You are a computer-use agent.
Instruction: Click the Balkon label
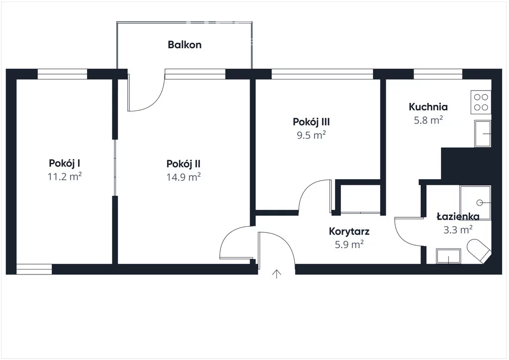(184, 44)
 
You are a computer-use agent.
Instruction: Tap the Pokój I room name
(64, 163)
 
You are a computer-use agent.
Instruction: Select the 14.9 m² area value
(183, 177)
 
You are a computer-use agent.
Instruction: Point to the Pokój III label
(311, 122)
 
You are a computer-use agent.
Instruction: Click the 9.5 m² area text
(311, 135)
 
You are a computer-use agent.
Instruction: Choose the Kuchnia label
(428, 106)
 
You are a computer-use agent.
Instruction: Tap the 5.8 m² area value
(428, 120)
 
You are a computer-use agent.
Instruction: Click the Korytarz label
(349, 231)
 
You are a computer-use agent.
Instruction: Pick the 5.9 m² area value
(349, 244)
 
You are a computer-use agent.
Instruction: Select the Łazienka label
(458, 216)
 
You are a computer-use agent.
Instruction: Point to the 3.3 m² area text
(458, 230)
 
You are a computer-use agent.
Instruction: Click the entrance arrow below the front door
(276, 274)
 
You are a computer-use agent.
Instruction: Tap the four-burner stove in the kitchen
(481, 102)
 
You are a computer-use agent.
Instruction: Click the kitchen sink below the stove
(482, 133)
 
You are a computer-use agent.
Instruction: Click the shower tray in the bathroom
(475, 202)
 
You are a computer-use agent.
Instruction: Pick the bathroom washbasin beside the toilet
(448, 256)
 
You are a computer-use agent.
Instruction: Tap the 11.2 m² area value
(64, 177)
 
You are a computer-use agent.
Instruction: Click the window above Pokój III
(322, 74)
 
